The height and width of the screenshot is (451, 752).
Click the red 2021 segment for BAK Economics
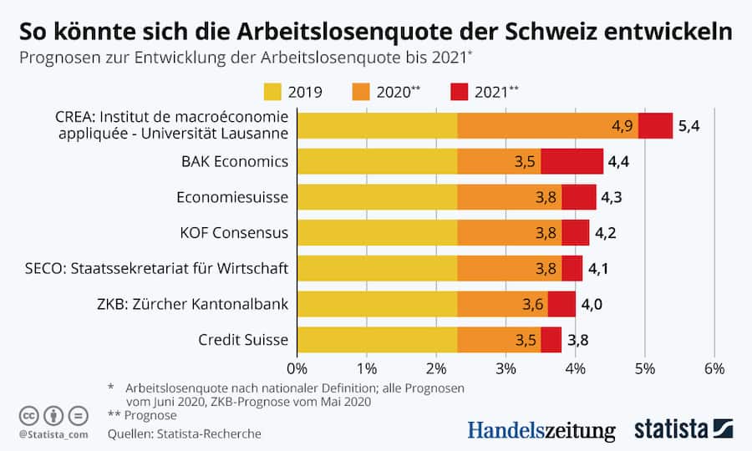click(572, 161)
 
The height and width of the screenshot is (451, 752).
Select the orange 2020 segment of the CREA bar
click(548, 125)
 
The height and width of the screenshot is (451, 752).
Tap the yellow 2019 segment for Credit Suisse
click(377, 340)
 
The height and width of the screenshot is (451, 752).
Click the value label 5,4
click(689, 126)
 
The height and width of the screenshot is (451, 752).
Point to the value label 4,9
click(622, 126)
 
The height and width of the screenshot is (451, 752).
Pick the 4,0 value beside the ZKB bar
click(592, 304)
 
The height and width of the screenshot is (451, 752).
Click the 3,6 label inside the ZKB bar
click(532, 304)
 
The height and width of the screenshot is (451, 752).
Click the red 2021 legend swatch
click(460, 92)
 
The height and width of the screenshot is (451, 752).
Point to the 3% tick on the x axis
click(506, 368)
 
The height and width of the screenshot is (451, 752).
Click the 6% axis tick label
click(714, 368)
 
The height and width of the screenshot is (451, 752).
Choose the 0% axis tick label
click(297, 368)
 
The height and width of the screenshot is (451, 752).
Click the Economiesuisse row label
click(232, 197)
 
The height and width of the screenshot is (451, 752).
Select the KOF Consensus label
click(235, 233)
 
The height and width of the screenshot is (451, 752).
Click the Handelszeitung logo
click(541, 430)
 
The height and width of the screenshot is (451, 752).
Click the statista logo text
click(671, 429)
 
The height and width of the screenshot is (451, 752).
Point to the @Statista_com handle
click(53, 434)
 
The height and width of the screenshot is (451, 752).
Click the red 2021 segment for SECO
click(572, 268)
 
